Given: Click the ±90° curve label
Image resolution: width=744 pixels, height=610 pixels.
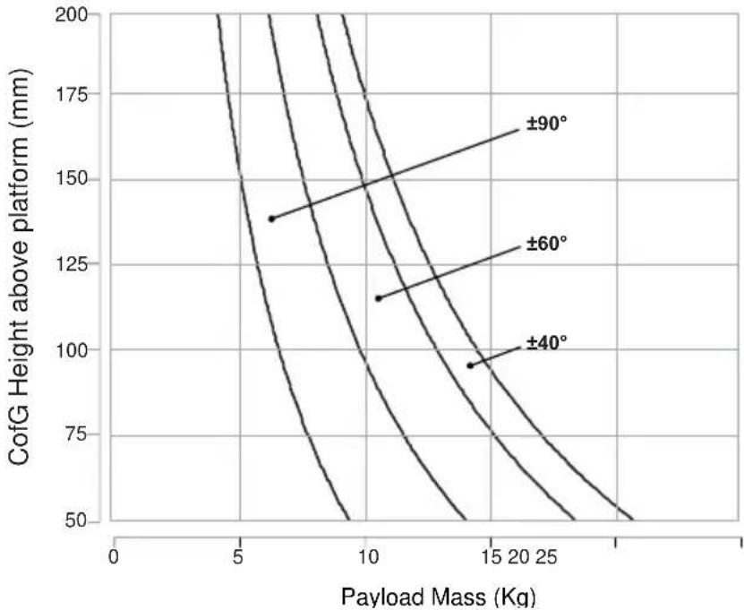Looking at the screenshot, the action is coord(547,124).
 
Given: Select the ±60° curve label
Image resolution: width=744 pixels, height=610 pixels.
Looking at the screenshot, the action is coord(547,244).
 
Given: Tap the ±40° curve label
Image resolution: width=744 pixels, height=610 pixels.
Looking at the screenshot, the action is coord(547,342).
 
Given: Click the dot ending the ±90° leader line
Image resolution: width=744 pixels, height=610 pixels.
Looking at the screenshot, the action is coord(272,219).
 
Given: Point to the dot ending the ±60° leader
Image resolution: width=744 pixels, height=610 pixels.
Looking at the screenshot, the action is coord(379,298).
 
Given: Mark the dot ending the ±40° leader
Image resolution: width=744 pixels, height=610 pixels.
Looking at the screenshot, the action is coord(470,365).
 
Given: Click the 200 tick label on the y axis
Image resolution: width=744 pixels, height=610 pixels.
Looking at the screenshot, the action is coord(71,15).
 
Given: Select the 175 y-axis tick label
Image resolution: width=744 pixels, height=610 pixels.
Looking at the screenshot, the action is coord(71,95).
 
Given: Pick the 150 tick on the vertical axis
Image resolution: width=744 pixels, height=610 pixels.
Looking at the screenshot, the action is coord(71,179).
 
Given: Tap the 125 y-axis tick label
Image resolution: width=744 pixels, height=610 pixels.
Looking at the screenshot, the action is coord(71,264).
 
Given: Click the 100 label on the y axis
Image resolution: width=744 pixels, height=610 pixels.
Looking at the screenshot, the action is coord(71,350).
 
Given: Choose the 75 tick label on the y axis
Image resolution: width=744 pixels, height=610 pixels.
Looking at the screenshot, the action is coord(76,434).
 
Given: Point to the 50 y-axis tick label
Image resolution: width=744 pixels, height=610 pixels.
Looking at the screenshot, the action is coord(76,520).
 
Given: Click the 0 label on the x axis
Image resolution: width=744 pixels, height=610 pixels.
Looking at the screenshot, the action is coord(114,557).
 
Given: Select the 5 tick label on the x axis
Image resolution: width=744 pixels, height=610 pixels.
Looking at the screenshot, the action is coord(238,557).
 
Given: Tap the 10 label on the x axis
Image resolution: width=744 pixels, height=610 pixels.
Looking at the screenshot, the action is coord(367,557).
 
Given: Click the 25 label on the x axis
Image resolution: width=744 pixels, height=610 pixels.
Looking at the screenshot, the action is coord(547,557).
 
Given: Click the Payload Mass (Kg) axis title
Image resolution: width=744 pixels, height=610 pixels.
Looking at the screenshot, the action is coord(439,597).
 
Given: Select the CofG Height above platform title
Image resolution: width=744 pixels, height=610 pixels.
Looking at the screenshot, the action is coord(20,267).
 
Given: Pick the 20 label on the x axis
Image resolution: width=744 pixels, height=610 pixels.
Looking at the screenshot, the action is coord(519,557).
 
